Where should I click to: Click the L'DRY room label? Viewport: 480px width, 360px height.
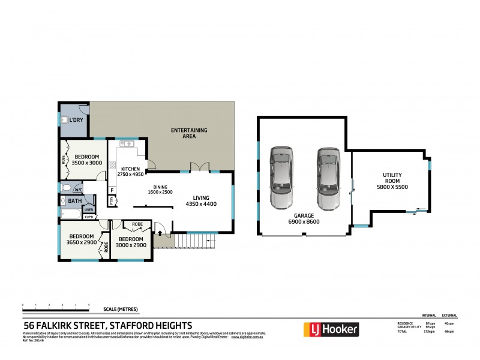pyautogui.click(x=76, y=121)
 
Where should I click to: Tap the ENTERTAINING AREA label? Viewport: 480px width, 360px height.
pyautogui.click(x=189, y=133)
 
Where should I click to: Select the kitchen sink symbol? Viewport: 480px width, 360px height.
pyautogui.click(x=127, y=143)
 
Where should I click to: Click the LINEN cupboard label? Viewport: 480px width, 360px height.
pyautogui.click(x=89, y=202)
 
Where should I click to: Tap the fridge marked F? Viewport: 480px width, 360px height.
pyautogui.click(x=112, y=191)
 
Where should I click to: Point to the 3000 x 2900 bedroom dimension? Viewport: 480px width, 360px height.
pyautogui.click(x=130, y=244)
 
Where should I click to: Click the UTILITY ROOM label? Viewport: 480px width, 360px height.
pyautogui.click(x=393, y=178)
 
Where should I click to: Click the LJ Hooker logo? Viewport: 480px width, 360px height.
pyautogui.click(x=331, y=329)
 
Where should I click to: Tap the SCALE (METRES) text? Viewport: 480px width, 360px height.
pyautogui.click(x=121, y=309)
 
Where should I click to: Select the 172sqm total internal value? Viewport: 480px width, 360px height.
pyautogui.click(x=429, y=331)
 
